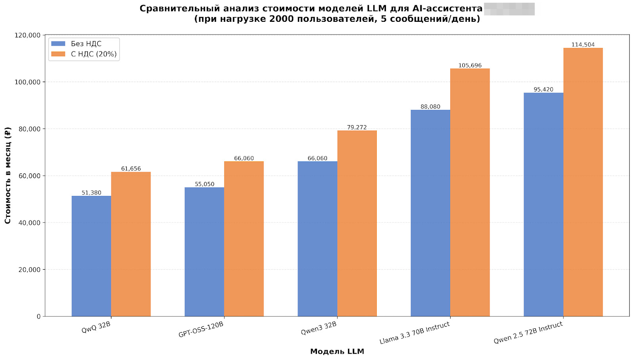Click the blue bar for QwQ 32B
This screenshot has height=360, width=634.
point(91,256)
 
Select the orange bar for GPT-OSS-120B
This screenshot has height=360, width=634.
point(244,239)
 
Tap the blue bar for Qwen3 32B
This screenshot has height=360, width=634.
point(317,239)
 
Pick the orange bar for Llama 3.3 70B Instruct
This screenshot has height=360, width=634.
point(470,193)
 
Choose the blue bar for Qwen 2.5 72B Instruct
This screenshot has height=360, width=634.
point(543,205)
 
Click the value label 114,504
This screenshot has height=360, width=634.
point(583,45)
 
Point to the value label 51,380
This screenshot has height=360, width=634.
point(92,193)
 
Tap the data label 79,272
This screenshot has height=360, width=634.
point(357,127)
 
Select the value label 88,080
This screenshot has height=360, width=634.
point(430,107)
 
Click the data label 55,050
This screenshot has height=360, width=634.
point(204,184)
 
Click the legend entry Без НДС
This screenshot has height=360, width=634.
point(86,44)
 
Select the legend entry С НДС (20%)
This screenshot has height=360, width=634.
point(94,54)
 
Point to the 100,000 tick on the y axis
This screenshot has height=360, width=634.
point(27,82)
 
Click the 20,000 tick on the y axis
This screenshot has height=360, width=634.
point(29,270)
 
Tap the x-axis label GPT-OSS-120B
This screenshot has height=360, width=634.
point(201,330)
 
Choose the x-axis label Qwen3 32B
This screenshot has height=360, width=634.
point(319,328)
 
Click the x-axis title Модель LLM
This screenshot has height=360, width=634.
point(337,351)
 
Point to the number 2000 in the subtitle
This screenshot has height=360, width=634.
point(282,19)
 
